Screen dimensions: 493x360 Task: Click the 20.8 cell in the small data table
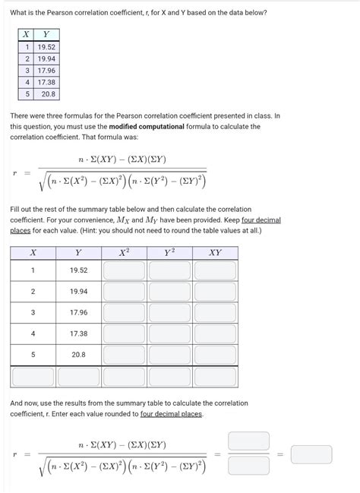coord(47,94)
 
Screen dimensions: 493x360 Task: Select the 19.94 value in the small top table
coord(47,58)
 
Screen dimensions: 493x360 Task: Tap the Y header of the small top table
coord(47,33)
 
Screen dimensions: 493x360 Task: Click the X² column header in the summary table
coord(124,253)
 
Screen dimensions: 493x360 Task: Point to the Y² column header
coord(169,253)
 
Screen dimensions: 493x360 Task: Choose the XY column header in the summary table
coord(215,253)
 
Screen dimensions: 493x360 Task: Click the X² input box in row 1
coord(124,270)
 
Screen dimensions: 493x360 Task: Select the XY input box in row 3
coord(215,312)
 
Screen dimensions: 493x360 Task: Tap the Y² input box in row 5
coord(169,355)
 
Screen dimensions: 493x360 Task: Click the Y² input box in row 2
coord(169,292)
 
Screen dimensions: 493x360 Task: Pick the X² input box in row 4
coord(124,333)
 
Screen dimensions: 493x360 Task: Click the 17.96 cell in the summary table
coord(78,312)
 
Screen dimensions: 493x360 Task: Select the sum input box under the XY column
coord(215,376)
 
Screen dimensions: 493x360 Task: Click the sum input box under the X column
coord(33,376)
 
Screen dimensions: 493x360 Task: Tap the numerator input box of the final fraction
coord(248,441)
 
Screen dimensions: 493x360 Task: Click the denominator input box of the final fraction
coord(248,463)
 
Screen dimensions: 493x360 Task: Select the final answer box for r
coord(311,454)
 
